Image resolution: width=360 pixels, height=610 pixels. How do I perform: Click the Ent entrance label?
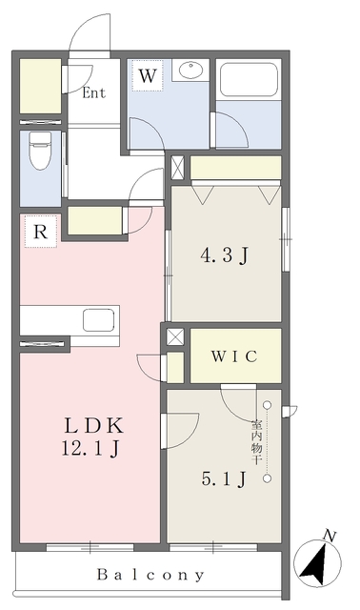[x=93, y=92]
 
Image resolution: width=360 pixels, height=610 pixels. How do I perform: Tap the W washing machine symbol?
[x=148, y=75]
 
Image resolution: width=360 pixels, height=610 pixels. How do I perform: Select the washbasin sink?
[x=190, y=71]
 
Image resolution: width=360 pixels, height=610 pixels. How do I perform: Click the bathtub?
[x=249, y=80]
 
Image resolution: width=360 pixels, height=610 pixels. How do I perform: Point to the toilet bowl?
[x=40, y=151]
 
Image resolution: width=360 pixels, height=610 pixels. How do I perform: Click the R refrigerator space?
[x=41, y=232]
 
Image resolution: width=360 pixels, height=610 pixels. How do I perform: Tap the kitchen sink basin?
[x=99, y=320]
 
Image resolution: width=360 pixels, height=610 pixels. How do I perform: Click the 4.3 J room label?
[x=225, y=256]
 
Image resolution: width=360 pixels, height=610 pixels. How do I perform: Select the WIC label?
[x=234, y=356]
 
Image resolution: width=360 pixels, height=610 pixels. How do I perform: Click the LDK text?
[x=93, y=426]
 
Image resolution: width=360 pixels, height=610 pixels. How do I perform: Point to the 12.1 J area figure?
[x=90, y=449]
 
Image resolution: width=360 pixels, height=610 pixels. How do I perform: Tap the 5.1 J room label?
[x=224, y=478]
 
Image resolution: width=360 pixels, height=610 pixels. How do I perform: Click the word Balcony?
[x=150, y=575]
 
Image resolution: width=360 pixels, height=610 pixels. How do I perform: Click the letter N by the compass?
[x=330, y=536]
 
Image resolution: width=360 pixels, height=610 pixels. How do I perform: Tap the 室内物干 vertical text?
[x=256, y=442]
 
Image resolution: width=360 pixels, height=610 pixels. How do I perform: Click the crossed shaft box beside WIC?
[x=175, y=336]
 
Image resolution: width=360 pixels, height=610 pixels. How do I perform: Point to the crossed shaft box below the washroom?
[x=178, y=168]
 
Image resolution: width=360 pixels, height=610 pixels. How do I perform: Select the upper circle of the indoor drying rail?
[x=267, y=405]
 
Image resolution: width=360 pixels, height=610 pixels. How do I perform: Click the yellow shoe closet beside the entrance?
[x=40, y=87]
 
